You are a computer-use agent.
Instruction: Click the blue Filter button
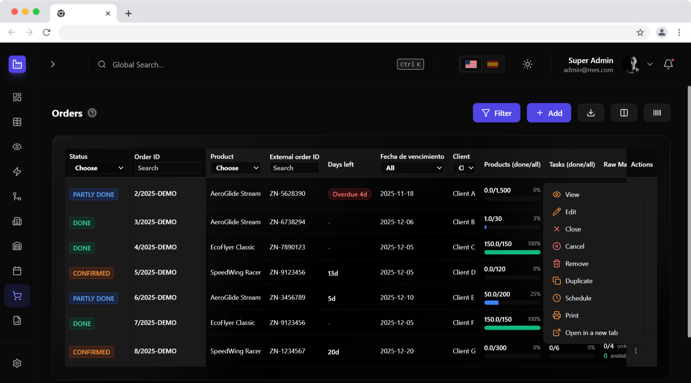[x=496, y=113]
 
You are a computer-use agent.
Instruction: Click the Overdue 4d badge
[x=349, y=194]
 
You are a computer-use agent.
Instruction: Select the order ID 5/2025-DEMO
[x=155, y=272]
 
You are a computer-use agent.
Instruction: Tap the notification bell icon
[x=668, y=64]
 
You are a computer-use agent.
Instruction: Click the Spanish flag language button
[x=492, y=64]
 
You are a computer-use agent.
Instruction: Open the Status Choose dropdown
[x=97, y=168]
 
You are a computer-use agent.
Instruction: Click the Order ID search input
[x=168, y=168]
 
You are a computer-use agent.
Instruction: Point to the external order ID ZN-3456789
[x=287, y=297]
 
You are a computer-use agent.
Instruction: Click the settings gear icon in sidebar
[x=17, y=363]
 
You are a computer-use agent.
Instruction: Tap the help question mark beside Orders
[x=92, y=113]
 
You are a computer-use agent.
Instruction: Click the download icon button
[x=591, y=113]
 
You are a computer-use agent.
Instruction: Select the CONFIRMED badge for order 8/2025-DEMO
[x=91, y=352]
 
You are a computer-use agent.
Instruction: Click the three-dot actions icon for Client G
[x=636, y=351]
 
